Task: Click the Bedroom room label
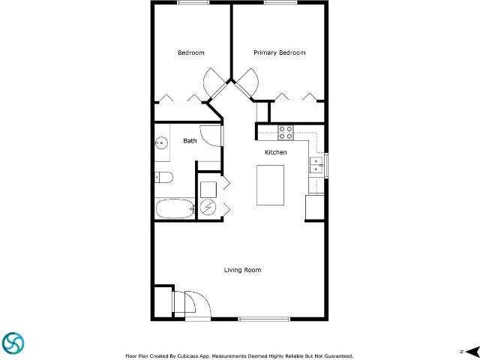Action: pyautogui.click(x=190, y=52)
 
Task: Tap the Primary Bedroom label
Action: pyautogui.click(x=279, y=52)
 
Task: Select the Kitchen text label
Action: pyautogui.click(x=275, y=152)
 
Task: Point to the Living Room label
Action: pyautogui.click(x=242, y=270)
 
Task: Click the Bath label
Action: pyautogui.click(x=190, y=141)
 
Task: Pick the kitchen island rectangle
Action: pyautogui.click(x=270, y=185)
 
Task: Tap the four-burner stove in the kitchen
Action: pyautogui.click(x=286, y=133)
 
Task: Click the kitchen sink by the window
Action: pyautogui.click(x=316, y=164)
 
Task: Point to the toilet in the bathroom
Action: pyautogui.click(x=164, y=178)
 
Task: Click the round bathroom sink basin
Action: pyautogui.click(x=161, y=142)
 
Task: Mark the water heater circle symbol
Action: pyautogui.click(x=208, y=208)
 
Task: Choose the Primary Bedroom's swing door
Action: pyautogui.click(x=247, y=81)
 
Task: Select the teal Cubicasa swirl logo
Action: pyautogui.click(x=13, y=343)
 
